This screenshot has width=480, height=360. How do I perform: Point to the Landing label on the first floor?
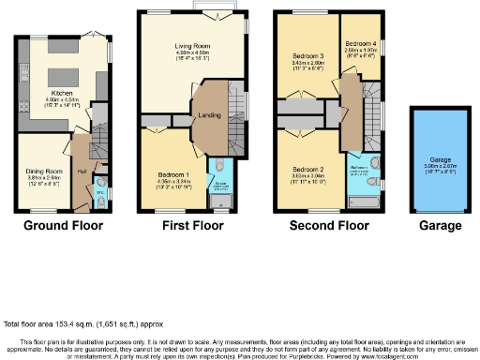tap(208, 115)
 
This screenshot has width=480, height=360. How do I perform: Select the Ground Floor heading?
tap(64, 226)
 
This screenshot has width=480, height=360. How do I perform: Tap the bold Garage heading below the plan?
tap(440, 226)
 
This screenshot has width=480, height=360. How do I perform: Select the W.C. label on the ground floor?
tap(100, 195)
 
